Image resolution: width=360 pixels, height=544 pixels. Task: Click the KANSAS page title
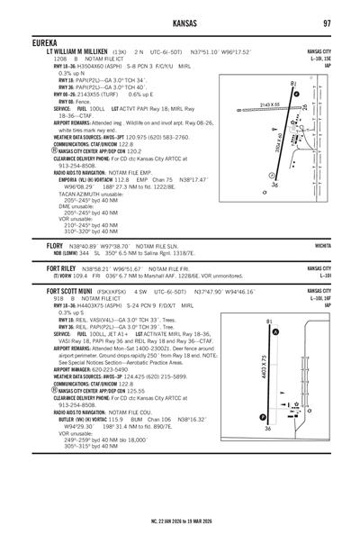pyautogui.click(x=180, y=22)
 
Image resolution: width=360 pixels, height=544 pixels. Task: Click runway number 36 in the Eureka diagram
pyautogui.click(x=274, y=185)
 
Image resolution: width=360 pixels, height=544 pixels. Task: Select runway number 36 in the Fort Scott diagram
pyautogui.click(x=267, y=429)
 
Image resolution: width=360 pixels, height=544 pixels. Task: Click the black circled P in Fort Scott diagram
pyautogui.click(x=262, y=417)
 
